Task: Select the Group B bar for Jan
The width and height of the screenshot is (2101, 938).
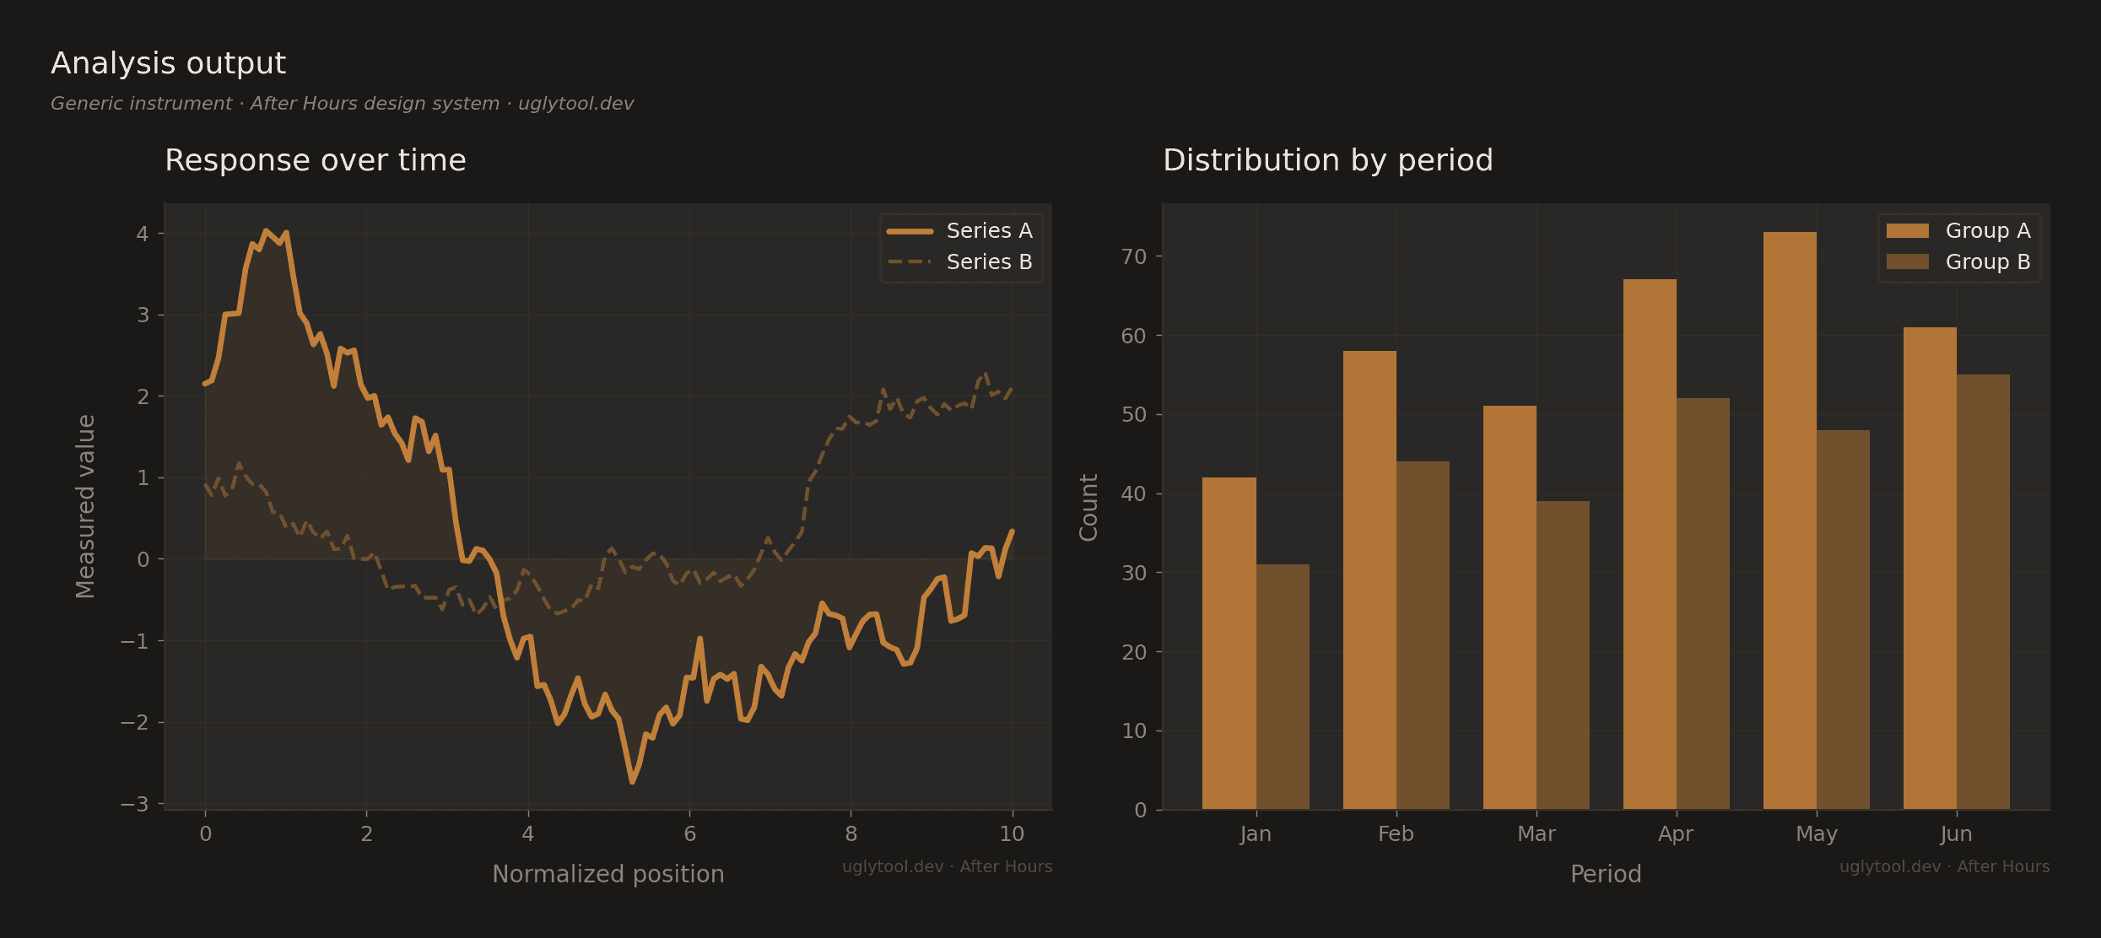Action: pos(1283,687)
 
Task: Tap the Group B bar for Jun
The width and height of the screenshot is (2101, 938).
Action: pos(1983,591)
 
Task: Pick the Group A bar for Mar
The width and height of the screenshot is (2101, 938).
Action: pos(1510,607)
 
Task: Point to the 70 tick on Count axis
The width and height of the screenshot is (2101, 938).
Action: pos(1134,256)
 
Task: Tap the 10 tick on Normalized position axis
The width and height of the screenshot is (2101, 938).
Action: pos(1012,834)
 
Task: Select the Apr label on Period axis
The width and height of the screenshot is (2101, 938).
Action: pos(1676,834)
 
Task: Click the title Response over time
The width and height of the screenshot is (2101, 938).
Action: pos(315,160)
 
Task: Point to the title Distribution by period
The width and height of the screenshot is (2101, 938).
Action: pos(1327,160)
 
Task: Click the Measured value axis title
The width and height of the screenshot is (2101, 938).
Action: pos(86,506)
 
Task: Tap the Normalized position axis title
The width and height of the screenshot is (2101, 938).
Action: pos(608,874)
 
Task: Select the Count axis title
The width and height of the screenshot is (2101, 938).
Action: pos(1088,506)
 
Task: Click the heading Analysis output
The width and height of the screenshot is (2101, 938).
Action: pos(168,63)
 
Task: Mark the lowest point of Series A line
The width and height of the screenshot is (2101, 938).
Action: pos(632,782)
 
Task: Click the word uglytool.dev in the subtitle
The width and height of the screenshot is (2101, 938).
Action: pos(575,104)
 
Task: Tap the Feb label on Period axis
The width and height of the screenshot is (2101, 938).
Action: pos(1396,834)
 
